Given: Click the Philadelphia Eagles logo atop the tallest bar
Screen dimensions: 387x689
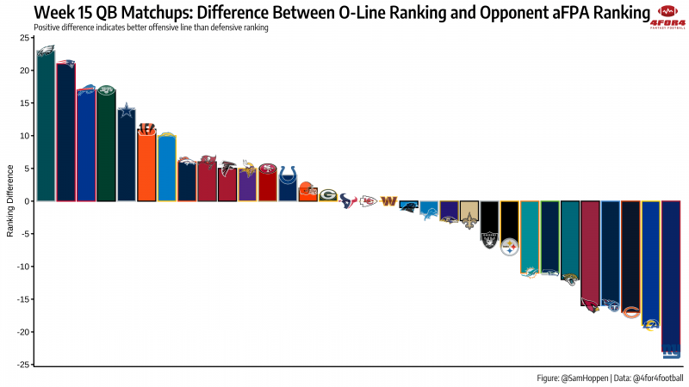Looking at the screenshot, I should [x=46, y=53].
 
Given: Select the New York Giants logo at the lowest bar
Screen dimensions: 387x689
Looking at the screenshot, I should [x=670, y=350].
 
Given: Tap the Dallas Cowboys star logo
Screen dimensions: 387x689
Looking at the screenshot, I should [x=127, y=109].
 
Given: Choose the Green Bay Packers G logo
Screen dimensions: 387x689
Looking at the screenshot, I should [x=328, y=195].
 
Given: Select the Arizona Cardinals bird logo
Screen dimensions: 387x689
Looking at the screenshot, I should [x=590, y=305].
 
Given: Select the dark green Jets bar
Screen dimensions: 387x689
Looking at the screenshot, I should [x=106, y=146].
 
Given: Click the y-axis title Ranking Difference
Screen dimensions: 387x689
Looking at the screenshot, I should [x=10, y=200].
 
